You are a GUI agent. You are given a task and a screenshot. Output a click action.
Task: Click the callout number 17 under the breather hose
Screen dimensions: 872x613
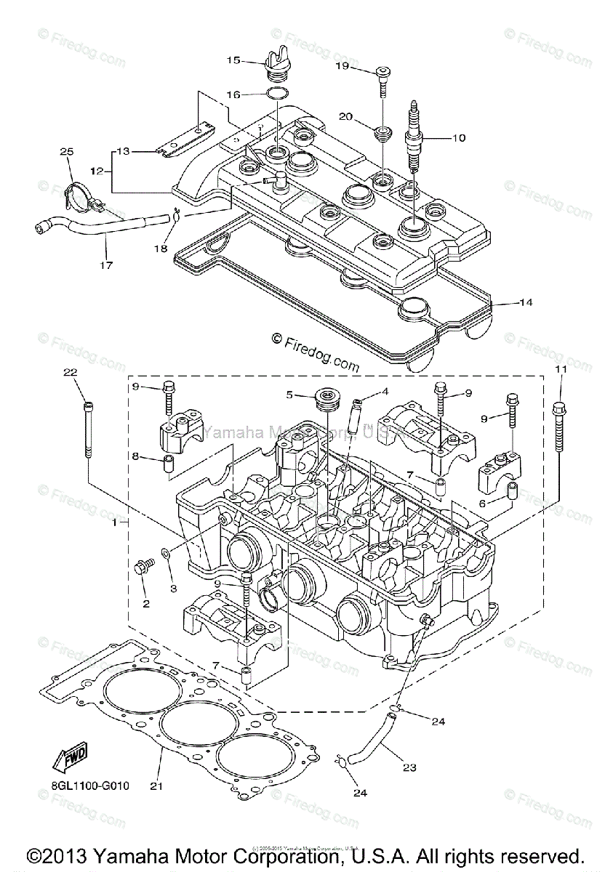106,265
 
